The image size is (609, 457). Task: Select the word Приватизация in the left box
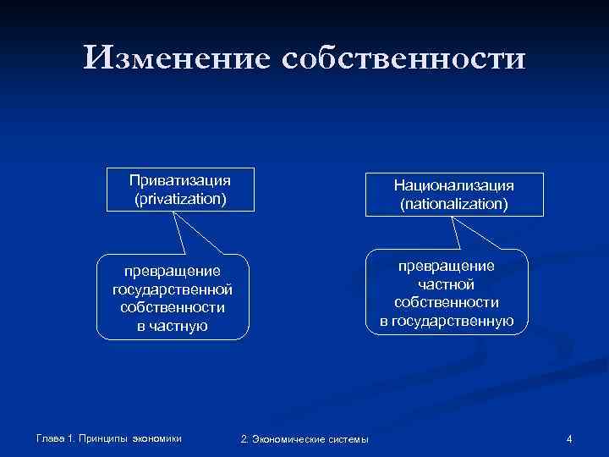[180, 180]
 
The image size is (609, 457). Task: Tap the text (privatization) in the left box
[180, 199]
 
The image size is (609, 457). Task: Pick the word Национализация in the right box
[454, 185]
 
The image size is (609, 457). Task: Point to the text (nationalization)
[454, 204]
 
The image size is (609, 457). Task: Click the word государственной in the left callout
[172, 289]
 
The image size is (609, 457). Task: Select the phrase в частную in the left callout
[172, 326]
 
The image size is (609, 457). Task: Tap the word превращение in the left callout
[172, 272]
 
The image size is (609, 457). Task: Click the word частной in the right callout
[446, 284]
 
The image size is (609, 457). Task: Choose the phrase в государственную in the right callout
[446, 320]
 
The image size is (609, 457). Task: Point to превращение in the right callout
[446, 267]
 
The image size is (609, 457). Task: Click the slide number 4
[569, 438]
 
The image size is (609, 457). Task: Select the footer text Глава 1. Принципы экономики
[109, 438]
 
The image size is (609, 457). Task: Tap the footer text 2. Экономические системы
[304, 438]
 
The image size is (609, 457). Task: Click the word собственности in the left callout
[172, 307]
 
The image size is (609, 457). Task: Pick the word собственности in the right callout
[446, 302]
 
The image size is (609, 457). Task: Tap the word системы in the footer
[348, 438]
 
